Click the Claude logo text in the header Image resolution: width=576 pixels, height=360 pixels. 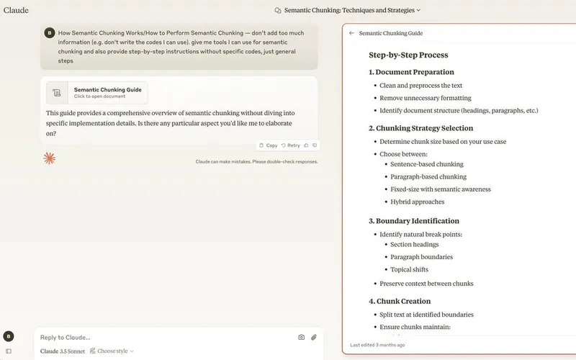[16, 10]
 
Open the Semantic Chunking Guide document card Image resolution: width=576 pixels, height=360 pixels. [97, 92]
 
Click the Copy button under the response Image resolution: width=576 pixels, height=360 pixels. [268, 145]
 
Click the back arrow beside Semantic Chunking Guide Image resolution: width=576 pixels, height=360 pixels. [351, 33]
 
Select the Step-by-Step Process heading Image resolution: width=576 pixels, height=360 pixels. [408, 55]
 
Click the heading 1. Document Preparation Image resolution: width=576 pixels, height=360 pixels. [411, 72]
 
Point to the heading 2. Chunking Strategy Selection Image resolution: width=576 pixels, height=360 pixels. [420, 128]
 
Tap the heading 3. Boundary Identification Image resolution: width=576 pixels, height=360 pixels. [413, 221]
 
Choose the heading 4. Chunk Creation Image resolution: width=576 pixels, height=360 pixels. [400, 301]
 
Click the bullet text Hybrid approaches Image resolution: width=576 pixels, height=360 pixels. [418, 202]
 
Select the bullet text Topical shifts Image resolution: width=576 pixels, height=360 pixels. [410, 269]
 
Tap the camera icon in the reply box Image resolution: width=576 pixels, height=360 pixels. [302, 337]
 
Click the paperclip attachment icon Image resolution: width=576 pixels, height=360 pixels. [314, 337]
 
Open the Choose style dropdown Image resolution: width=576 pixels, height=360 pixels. [112, 351]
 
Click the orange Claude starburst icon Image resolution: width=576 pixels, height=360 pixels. [49, 158]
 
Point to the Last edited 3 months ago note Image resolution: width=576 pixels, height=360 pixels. [377, 345]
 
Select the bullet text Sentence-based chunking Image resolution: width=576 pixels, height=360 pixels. [427, 164]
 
